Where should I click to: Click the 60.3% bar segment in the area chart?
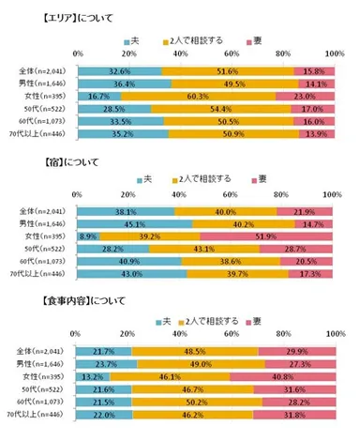[198, 95]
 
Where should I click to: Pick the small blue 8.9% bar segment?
[89, 236]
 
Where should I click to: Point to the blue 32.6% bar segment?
[119, 69]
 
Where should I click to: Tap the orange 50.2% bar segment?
[197, 401]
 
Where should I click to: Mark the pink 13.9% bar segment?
[317, 134]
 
